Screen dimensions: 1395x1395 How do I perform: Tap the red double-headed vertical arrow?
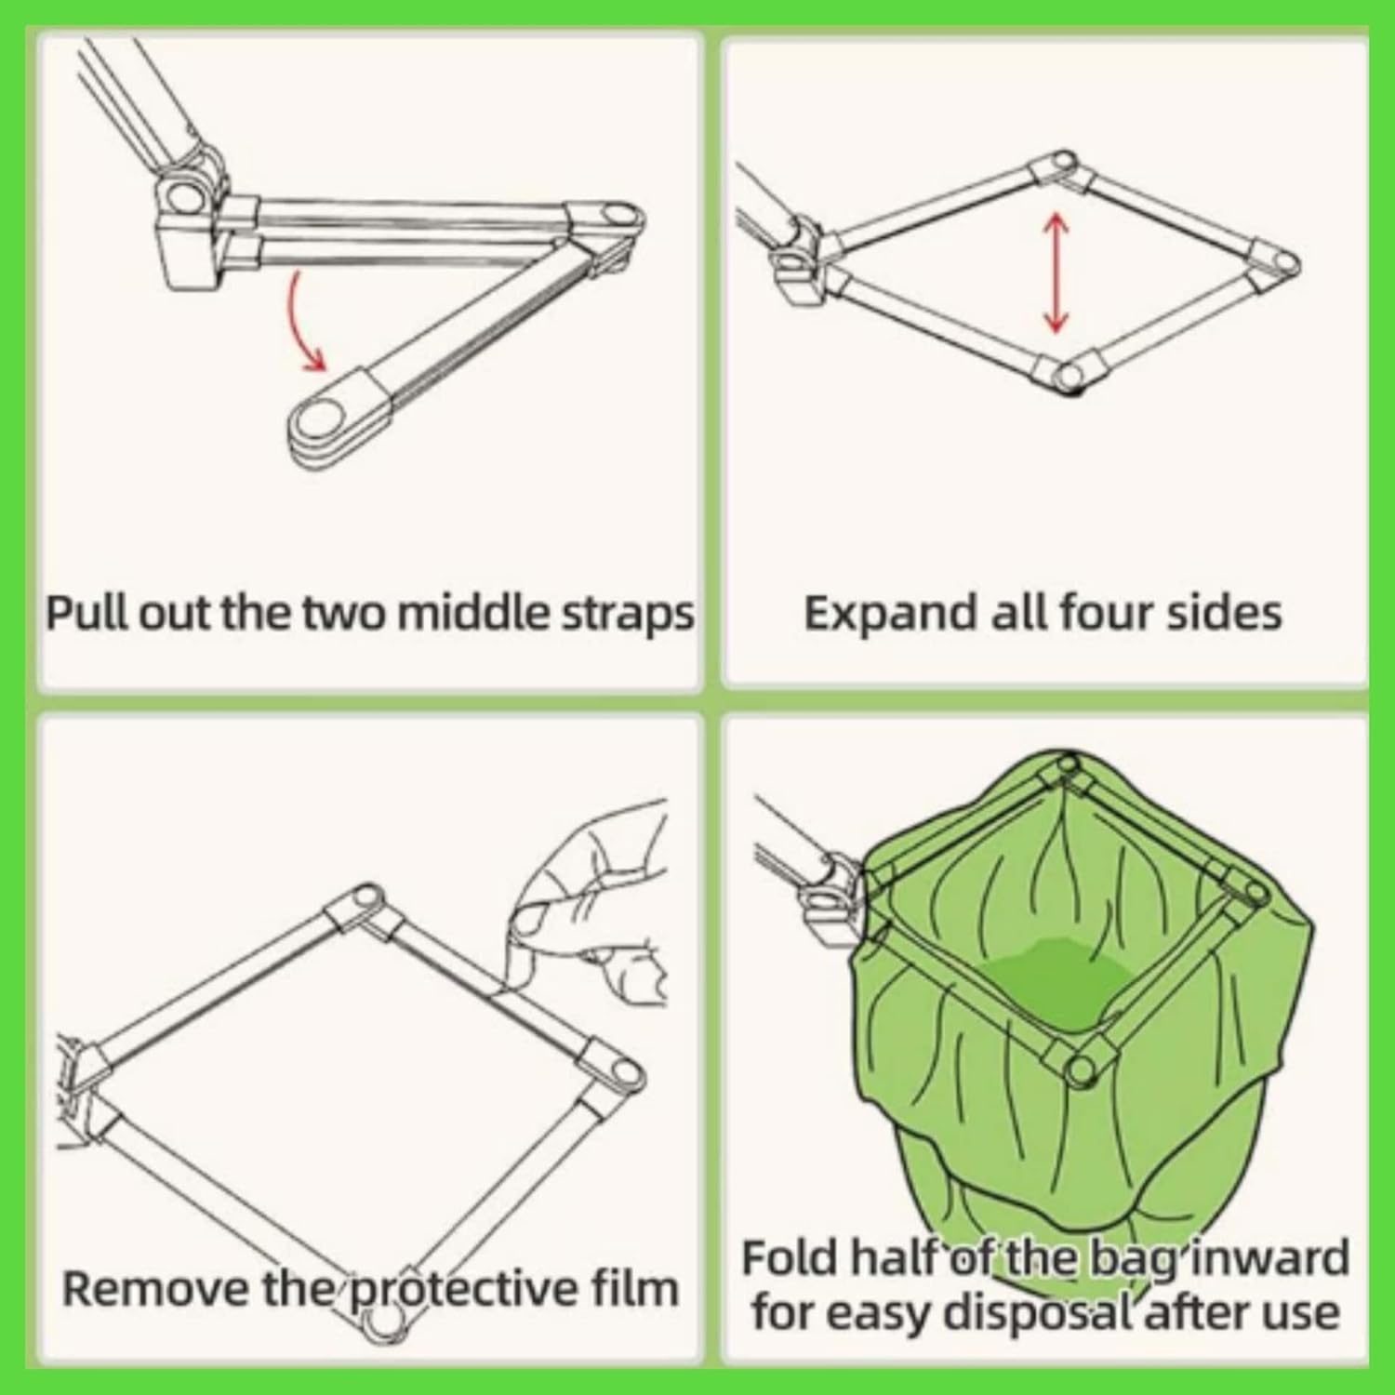pos(1055,272)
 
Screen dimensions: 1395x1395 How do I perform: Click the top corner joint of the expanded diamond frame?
pos(1062,169)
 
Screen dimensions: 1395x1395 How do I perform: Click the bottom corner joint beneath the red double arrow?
pos(1069,375)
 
